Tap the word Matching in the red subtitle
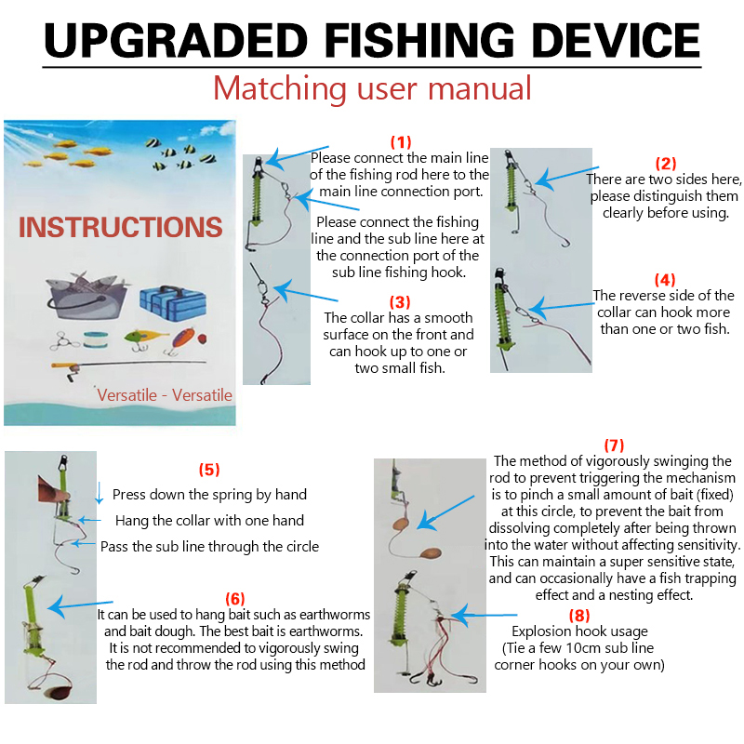(x=280, y=88)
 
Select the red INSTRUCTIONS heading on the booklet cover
(x=121, y=227)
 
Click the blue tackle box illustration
(x=173, y=302)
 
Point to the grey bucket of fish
(x=87, y=296)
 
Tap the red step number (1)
(x=401, y=142)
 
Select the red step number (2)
(x=666, y=164)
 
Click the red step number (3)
(x=400, y=301)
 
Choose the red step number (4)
(x=665, y=280)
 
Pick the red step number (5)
(x=209, y=470)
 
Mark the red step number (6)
(x=235, y=598)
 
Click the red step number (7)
(x=614, y=445)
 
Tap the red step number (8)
(x=579, y=616)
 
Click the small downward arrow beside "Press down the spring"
(x=100, y=493)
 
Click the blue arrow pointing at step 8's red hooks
(x=484, y=616)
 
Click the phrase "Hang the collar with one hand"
(x=210, y=521)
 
